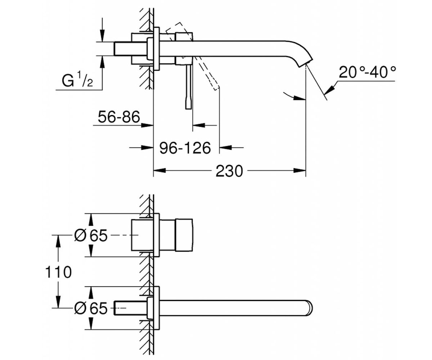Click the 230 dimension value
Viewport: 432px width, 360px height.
coord(229,171)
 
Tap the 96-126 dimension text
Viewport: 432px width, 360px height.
coord(185,148)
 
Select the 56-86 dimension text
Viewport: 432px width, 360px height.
coord(119,117)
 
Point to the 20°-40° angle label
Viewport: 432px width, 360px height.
coord(367,72)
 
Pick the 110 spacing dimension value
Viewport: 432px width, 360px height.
coord(58,272)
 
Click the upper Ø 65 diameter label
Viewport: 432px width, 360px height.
coord(91,235)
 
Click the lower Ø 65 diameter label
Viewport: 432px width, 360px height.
coord(91,308)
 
